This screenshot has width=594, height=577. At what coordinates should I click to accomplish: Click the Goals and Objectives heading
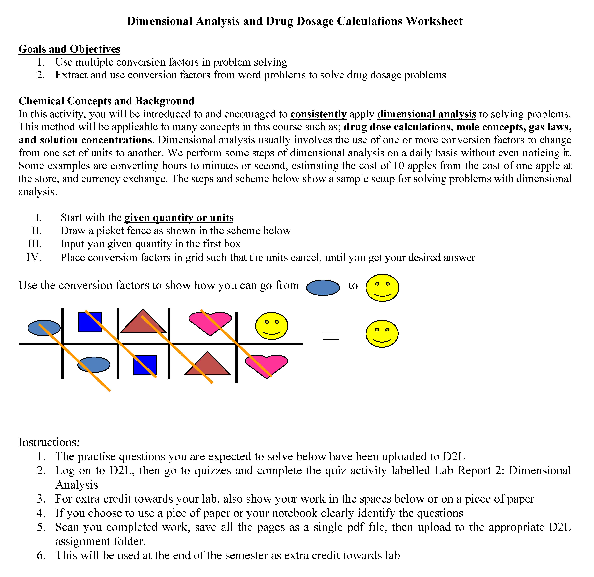click(69, 49)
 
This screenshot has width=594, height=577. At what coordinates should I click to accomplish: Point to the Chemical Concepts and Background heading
click(106, 101)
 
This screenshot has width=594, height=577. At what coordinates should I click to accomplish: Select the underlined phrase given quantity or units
click(179, 218)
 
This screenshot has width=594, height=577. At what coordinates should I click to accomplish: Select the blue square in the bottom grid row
click(145, 365)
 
